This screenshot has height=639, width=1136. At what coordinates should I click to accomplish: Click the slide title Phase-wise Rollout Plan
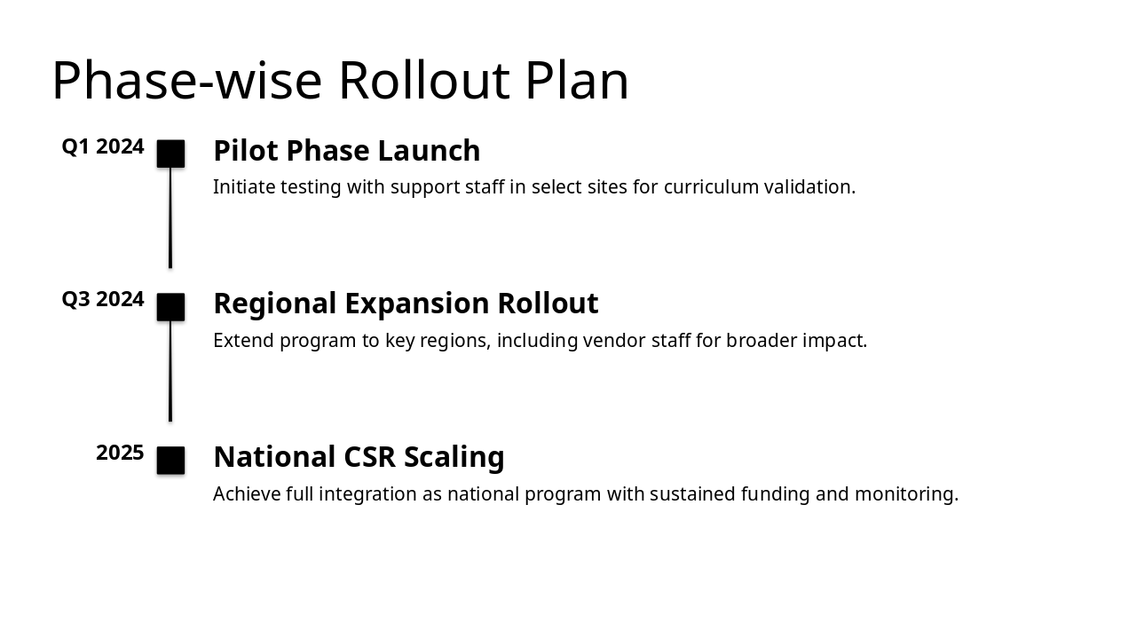click(x=340, y=81)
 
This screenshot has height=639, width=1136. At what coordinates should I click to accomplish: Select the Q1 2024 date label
click(x=103, y=146)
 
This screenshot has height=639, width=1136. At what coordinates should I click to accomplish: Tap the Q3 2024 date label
click(x=103, y=300)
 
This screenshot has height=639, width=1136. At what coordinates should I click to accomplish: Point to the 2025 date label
click(x=120, y=454)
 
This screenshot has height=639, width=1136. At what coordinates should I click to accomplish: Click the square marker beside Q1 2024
click(x=170, y=154)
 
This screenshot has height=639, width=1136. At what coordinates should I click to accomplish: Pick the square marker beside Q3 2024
click(x=170, y=307)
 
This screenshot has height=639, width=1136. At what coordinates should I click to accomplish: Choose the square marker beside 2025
click(x=170, y=461)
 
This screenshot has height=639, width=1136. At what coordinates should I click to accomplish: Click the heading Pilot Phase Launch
click(x=346, y=151)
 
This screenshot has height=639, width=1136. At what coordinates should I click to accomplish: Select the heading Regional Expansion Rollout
click(x=406, y=304)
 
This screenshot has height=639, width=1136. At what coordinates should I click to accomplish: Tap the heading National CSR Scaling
click(x=359, y=457)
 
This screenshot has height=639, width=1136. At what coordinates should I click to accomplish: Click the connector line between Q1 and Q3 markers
click(x=170, y=217)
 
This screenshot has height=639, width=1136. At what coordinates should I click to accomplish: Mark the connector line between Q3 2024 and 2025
click(x=170, y=371)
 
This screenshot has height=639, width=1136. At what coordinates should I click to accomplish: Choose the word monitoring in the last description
click(x=906, y=494)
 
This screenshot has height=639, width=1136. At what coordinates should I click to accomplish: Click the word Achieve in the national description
click(x=247, y=494)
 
